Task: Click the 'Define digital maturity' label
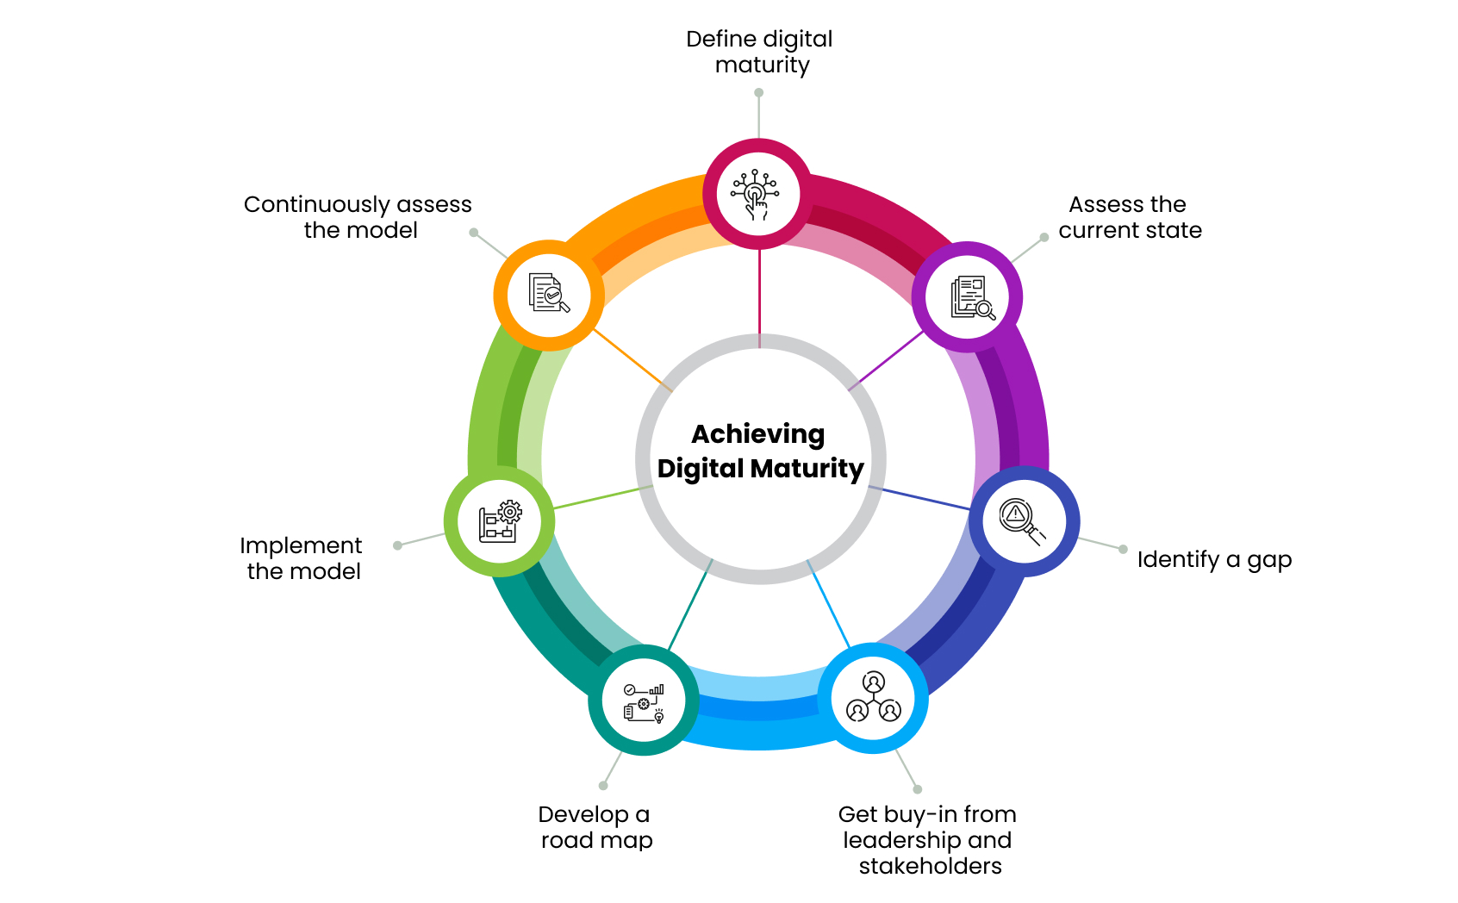(760, 52)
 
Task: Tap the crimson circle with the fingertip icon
(757, 195)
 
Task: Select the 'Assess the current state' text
(1129, 217)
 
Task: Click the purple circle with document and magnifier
(967, 296)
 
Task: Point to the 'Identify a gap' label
(1213, 559)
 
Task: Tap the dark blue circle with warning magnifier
(1024, 521)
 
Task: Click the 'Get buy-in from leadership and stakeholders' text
(927, 839)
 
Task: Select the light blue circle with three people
(872, 698)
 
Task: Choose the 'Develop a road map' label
(595, 827)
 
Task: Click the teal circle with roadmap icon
(644, 701)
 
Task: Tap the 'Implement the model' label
(302, 558)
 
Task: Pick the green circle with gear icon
(500, 521)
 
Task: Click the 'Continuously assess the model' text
(358, 217)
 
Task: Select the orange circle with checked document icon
(549, 295)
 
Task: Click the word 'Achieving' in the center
(758, 434)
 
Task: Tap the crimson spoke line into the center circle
(759, 297)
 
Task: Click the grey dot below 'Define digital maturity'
(759, 92)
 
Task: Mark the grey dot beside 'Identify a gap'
(1123, 549)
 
